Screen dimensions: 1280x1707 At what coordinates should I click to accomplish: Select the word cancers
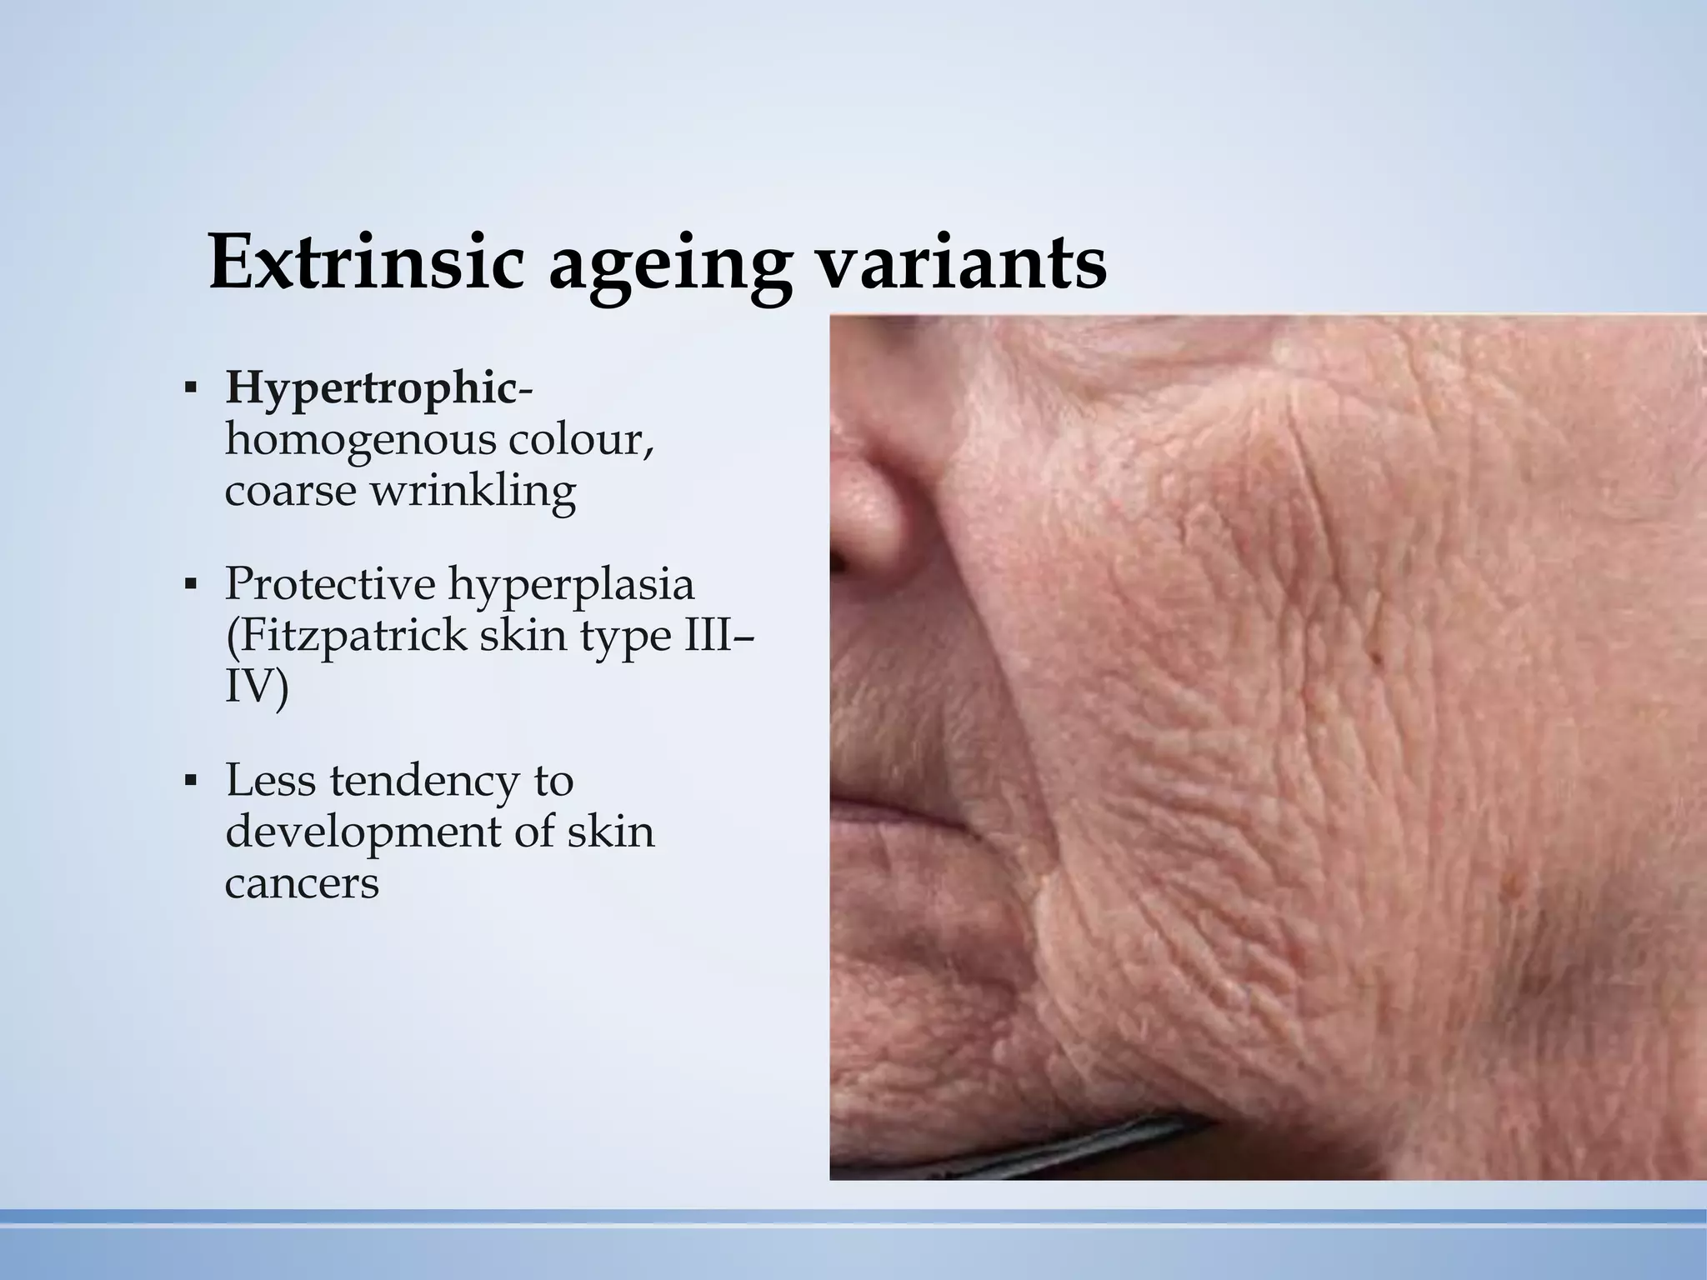coord(302,883)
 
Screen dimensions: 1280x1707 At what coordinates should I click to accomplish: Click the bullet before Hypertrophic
coord(191,389)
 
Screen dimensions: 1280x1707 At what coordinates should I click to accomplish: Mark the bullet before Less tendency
coord(191,782)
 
